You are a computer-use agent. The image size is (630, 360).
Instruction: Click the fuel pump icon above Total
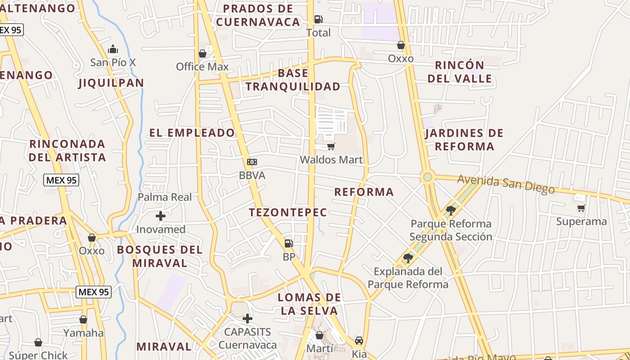pos(318,19)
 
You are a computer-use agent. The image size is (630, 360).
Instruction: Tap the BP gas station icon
pos(288,243)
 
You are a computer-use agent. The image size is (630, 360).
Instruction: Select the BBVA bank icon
pos(252,162)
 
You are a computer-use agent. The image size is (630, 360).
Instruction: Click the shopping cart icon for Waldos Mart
pos(331,146)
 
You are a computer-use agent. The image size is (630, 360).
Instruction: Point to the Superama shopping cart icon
pos(581,208)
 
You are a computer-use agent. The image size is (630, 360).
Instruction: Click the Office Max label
pos(202,67)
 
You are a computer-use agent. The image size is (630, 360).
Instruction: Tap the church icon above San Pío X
pos(113,49)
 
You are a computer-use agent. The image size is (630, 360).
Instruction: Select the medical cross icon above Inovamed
pos(161,216)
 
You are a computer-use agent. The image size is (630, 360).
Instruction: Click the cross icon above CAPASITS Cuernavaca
pos(247,319)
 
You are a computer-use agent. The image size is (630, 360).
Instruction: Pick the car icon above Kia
pos(359,341)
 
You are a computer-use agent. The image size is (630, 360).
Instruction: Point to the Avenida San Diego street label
pos(506,184)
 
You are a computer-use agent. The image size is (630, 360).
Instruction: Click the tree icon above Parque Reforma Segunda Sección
pos(450,210)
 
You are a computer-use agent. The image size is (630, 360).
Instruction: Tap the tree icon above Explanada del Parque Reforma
pos(408,258)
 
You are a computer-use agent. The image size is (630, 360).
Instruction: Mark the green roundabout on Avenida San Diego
pos(427,177)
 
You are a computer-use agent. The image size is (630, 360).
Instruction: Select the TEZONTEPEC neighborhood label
pos(288,212)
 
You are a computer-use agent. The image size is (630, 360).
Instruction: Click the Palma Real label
pos(165,197)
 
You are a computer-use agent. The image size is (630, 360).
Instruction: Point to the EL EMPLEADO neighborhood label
pos(192,133)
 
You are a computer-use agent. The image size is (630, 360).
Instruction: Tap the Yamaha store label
pos(83,333)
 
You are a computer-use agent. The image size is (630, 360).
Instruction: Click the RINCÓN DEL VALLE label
pos(459,72)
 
